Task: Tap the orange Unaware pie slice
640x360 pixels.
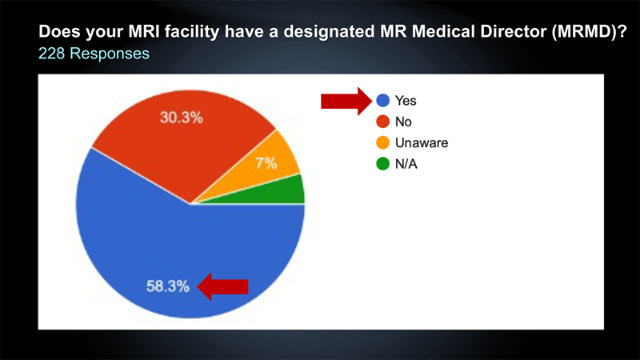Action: [x=266, y=163]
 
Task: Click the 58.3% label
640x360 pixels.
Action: [x=168, y=286]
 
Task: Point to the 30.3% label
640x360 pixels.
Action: [x=182, y=118]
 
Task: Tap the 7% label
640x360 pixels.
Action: [x=266, y=163]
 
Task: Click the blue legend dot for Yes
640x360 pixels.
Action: [x=383, y=101]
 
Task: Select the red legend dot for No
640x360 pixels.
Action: [x=383, y=122]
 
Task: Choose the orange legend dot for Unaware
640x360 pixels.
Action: [x=383, y=143]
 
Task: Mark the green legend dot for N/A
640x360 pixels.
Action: [x=383, y=164]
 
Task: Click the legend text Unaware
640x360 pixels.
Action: [x=422, y=143]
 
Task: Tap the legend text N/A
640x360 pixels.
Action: [x=406, y=164]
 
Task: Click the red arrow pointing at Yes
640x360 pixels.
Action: [x=346, y=101]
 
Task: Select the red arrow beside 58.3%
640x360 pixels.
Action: [x=223, y=286]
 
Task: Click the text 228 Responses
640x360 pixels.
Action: [x=94, y=54]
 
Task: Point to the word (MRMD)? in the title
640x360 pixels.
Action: [x=590, y=32]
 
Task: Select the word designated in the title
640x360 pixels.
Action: [x=329, y=32]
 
